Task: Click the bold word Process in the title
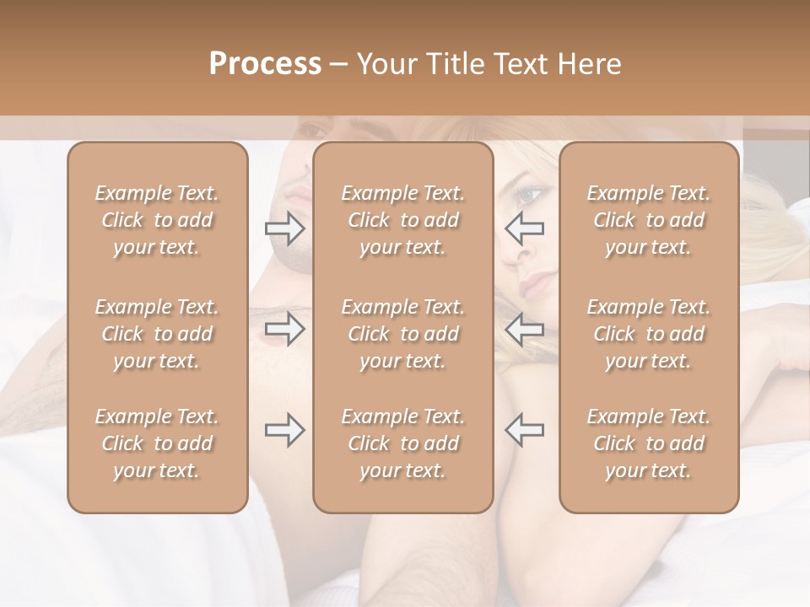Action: coord(265,64)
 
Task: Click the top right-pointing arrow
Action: coord(285,228)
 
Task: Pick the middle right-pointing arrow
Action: coord(285,329)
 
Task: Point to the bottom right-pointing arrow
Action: coord(285,430)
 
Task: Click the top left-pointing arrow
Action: coord(525,228)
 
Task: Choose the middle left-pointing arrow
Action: coord(525,329)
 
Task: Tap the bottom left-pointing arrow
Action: coord(525,430)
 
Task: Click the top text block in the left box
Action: coord(157,220)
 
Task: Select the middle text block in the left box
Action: coord(157,334)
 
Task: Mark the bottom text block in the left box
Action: coord(157,443)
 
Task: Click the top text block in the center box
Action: coord(403,220)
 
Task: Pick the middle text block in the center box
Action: coord(403,334)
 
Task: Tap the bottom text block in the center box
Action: coord(403,443)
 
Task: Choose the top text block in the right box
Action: coord(649,220)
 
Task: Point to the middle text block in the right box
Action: coord(649,334)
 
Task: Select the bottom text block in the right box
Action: coord(649,443)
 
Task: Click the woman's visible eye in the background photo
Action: coord(531,196)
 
